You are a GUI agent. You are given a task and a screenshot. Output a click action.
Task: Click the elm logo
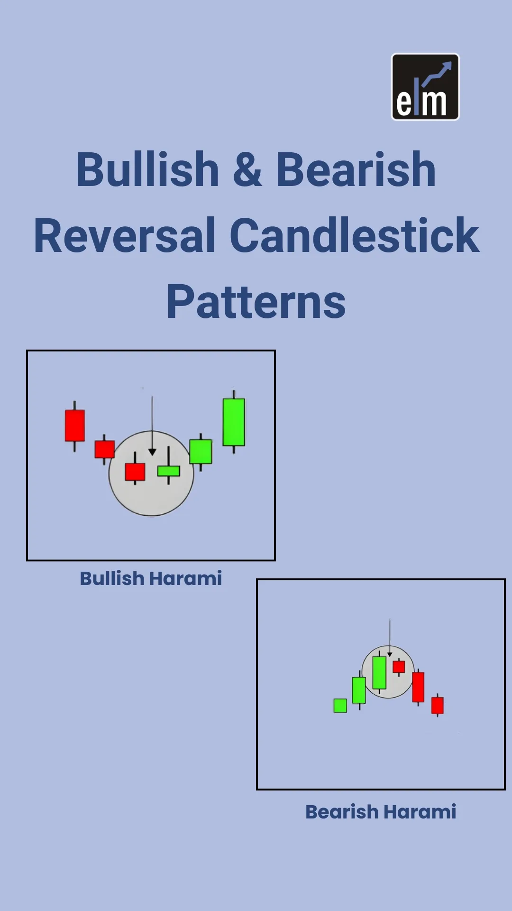(x=425, y=87)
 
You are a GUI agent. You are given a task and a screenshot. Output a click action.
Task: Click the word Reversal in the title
(x=125, y=236)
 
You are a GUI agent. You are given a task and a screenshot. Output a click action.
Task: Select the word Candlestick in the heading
(x=355, y=236)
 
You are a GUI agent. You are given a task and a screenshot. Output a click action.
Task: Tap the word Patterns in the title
(x=256, y=302)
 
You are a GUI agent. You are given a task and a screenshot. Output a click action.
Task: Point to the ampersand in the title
(x=247, y=170)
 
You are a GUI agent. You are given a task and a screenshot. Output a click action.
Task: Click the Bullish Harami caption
(x=151, y=578)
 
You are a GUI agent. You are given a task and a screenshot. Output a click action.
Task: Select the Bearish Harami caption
(x=381, y=812)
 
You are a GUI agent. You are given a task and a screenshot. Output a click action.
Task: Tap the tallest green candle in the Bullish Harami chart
(x=234, y=422)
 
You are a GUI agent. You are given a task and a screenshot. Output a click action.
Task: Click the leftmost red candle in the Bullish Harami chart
(x=75, y=426)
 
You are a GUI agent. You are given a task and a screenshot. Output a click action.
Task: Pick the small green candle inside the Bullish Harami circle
(x=169, y=470)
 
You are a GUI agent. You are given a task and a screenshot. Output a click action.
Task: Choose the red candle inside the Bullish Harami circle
(x=135, y=472)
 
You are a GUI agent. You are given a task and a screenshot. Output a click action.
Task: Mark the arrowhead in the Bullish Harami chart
(x=152, y=452)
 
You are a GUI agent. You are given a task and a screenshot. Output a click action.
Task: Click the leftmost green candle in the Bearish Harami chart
(x=340, y=706)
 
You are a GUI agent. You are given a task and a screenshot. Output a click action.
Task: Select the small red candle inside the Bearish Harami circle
(x=399, y=667)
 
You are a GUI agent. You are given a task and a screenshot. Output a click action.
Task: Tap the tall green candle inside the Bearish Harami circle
(x=379, y=672)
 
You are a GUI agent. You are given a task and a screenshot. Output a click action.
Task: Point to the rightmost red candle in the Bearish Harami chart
(x=438, y=705)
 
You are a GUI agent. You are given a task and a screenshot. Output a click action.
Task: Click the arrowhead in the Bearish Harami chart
(x=390, y=655)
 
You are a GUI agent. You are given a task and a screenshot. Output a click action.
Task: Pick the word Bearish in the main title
(x=356, y=170)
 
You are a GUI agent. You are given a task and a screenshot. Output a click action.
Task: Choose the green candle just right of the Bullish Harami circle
(x=201, y=451)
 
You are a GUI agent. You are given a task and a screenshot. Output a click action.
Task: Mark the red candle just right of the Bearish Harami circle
(x=418, y=687)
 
